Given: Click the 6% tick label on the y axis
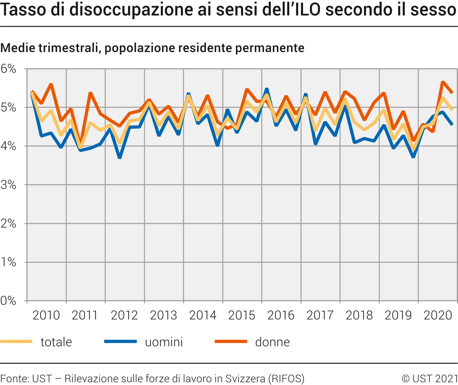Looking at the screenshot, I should point(8,69).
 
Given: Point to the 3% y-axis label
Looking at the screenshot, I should point(8,185).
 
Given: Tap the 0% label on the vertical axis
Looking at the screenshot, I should point(8,301).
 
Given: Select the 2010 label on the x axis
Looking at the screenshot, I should point(46,315).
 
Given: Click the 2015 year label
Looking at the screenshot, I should point(242,315).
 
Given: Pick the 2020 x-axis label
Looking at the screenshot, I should point(438,315).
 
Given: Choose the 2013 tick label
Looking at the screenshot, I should point(163,315).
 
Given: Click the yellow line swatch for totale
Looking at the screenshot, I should point(16,342).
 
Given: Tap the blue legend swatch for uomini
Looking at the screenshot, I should point(120,342).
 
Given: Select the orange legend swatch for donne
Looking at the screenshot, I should point(231,342).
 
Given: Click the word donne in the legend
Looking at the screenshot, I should point(272,342).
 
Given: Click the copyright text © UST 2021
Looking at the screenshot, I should point(430,378).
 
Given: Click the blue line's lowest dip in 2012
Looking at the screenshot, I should point(120,157).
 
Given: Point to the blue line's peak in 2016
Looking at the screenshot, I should point(267,89).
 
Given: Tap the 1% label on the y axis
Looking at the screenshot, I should point(8,262).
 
